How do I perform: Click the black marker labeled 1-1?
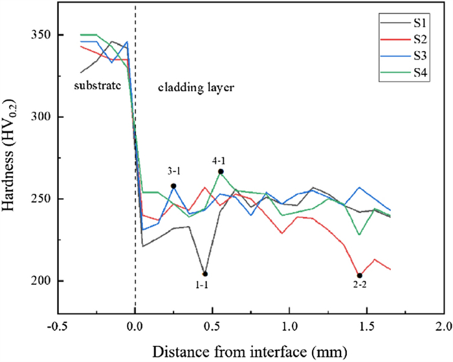[x=205, y=274]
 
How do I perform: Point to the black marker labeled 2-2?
[x=359, y=276]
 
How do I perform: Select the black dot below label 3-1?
[x=173, y=186]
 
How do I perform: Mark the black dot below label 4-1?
[x=221, y=172]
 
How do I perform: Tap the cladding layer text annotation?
[x=188, y=85]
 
